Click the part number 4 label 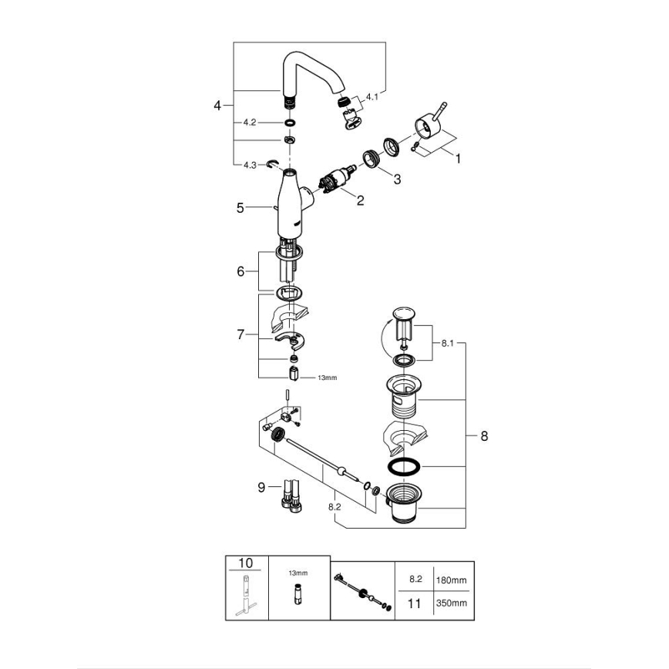pyautogui.click(x=217, y=105)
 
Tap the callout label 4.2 pyautogui.click(x=249, y=123)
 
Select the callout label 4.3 pyautogui.click(x=249, y=165)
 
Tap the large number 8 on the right pyautogui.click(x=484, y=436)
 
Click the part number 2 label pyautogui.click(x=359, y=200)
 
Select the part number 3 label pyautogui.click(x=397, y=179)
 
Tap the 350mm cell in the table pyautogui.click(x=452, y=603)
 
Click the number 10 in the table pyautogui.click(x=246, y=564)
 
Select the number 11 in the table pyautogui.click(x=415, y=603)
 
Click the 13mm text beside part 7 pyautogui.click(x=328, y=378)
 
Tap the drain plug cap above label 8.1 pyautogui.click(x=404, y=313)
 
